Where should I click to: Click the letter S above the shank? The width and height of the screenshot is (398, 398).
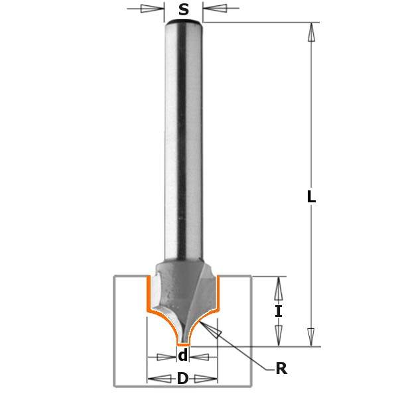184,10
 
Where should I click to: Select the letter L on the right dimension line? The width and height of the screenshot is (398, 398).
311,196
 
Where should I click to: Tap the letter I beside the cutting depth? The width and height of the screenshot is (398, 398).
279,312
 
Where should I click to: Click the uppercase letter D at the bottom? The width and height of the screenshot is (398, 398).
182,379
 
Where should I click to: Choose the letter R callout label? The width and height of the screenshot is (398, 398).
281,368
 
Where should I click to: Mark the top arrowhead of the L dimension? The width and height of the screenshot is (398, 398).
312,32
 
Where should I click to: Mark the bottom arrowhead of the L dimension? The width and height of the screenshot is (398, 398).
311,336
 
